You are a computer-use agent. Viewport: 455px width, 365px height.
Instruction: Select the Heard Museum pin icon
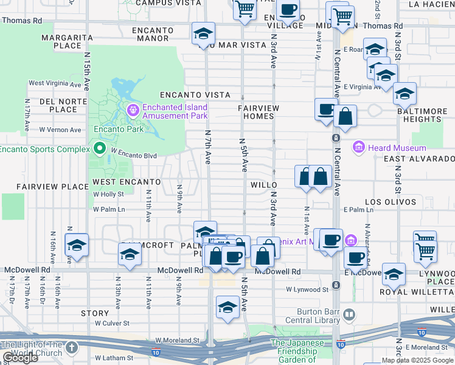pos(358,148)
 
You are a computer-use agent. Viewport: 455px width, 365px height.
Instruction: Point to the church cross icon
pos(72,348)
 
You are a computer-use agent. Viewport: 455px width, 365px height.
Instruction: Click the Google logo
pos(19,358)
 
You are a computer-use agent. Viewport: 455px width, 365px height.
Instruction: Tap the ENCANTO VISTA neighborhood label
pos(195,95)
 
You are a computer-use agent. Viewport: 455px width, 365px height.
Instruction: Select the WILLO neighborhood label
pos(263,184)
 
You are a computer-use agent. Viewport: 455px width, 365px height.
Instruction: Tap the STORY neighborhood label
pos(94,313)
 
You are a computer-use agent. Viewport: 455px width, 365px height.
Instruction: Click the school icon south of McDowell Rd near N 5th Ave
pos(227,307)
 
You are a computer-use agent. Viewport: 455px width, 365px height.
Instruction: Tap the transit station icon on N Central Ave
pos(336,139)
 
